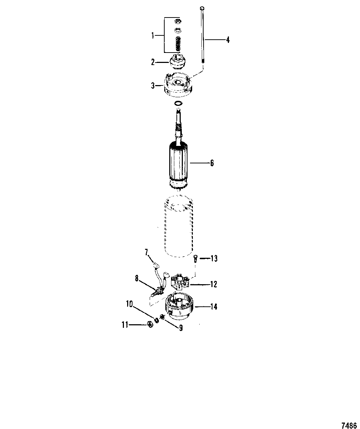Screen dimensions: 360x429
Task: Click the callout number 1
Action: tap(153, 36)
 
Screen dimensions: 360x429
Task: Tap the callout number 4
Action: tap(228, 40)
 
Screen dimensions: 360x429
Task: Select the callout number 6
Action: tap(212, 163)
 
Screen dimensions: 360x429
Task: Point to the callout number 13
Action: tap(214, 258)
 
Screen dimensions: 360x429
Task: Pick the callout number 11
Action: tap(125, 325)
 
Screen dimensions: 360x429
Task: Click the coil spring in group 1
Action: tap(178, 44)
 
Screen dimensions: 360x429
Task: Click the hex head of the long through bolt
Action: tap(202, 9)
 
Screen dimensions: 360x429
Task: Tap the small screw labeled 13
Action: tap(195, 259)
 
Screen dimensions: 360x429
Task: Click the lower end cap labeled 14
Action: tap(179, 307)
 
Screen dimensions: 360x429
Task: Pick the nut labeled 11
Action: tap(151, 325)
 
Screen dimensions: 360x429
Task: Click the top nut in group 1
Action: tap(178, 21)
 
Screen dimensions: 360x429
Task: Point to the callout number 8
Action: tap(136, 279)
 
